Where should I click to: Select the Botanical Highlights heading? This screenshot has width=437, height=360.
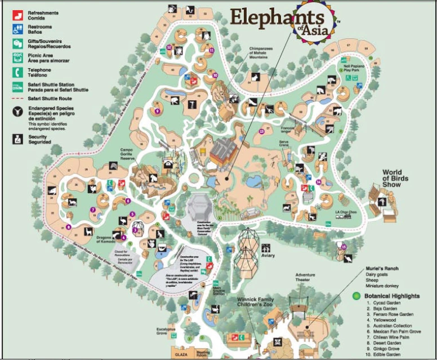[x=391, y=296]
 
